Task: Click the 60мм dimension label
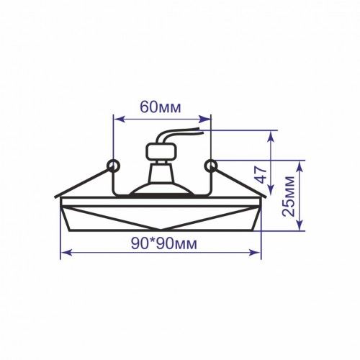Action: [x=160, y=107]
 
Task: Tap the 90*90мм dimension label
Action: [x=163, y=243]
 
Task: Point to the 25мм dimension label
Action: [x=288, y=197]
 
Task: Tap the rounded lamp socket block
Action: [x=161, y=152]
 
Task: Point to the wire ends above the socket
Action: [x=201, y=130]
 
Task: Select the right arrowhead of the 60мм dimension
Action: [x=205, y=119]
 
